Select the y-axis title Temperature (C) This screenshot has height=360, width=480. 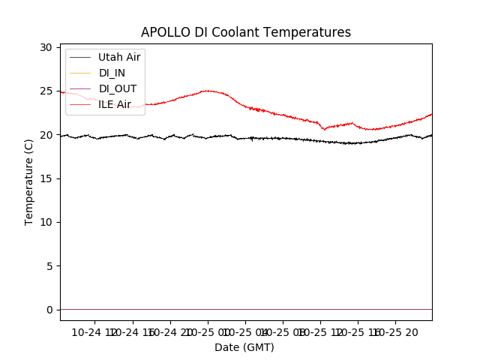click(29, 182)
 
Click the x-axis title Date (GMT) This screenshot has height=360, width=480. click(244, 347)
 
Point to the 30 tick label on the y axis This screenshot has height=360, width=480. click(46, 47)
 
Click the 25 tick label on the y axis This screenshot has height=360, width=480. click(46, 91)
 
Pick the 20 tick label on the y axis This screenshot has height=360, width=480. click(46, 135)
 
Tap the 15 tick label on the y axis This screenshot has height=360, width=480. click(46, 178)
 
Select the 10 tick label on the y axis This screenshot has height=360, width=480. click(46, 223)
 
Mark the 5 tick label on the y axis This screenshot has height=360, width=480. click(49, 266)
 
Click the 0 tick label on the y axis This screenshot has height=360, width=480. click(49, 310)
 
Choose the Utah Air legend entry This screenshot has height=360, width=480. click(119, 57)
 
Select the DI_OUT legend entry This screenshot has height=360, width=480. click(117, 88)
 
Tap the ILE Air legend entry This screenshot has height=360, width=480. click(115, 104)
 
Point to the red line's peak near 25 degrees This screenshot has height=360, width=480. click(207, 91)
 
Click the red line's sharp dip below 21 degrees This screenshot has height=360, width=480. click(324, 129)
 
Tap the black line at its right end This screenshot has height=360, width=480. click(431, 135)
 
